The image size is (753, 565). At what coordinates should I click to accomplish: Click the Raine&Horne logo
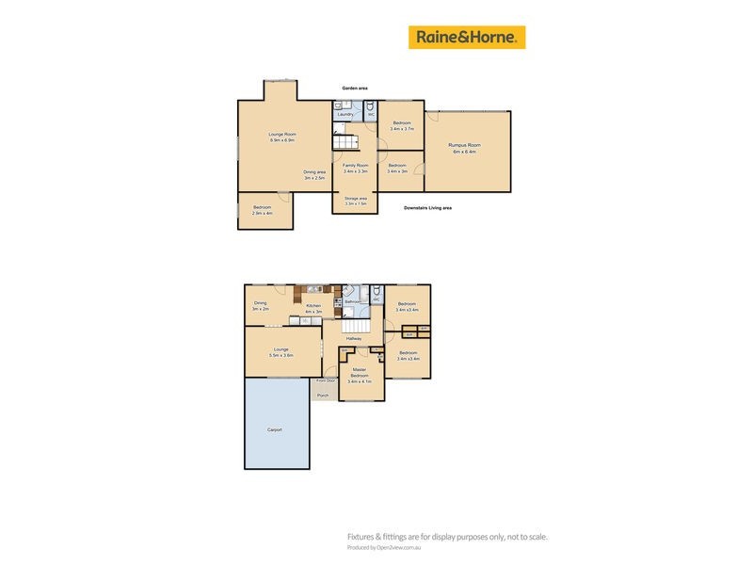pyautogui.click(x=466, y=38)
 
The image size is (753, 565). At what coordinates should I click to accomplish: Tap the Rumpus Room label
pyautogui.click(x=464, y=148)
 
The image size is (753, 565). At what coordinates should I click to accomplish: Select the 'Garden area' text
pyautogui.click(x=355, y=89)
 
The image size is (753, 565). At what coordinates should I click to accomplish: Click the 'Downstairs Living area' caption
pyautogui.click(x=427, y=207)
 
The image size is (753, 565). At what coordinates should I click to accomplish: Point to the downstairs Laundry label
pyautogui.click(x=344, y=115)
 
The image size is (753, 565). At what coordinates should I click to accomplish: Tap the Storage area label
pyautogui.click(x=355, y=201)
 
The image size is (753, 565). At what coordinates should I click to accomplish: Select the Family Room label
pyautogui.click(x=355, y=169)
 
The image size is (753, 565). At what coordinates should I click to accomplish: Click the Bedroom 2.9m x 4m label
pyautogui.click(x=262, y=210)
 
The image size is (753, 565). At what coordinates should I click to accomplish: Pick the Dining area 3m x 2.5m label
pyautogui.click(x=314, y=174)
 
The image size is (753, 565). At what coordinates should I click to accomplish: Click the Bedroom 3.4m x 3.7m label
pyautogui.click(x=402, y=126)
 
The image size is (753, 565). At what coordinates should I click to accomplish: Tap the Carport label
pyautogui.click(x=275, y=429)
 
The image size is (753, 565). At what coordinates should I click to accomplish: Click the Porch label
pyautogui.click(x=323, y=395)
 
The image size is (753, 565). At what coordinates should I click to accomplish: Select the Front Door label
pyautogui.click(x=326, y=380)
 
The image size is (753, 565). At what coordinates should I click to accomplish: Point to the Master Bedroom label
pyautogui.click(x=360, y=376)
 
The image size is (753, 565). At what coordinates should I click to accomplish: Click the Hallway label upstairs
pyautogui.click(x=354, y=338)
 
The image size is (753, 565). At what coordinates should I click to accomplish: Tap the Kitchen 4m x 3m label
pyautogui.click(x=313, y=308)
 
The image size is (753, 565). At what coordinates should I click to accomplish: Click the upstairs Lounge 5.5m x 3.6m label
pyautogui.click(x=280, y=352)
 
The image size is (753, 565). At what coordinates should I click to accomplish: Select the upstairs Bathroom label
pyautogui.click(x=353, y=301)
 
